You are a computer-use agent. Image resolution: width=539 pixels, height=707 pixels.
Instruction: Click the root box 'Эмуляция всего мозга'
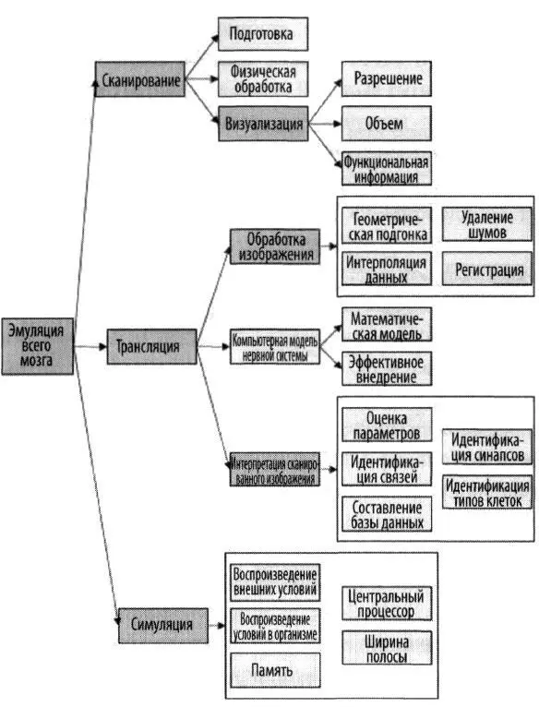[x=38, y=346]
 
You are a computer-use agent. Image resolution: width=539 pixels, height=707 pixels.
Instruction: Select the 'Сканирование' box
[x=139, y=79]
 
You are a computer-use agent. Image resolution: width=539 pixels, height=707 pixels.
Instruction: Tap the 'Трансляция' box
[x=152, y=347]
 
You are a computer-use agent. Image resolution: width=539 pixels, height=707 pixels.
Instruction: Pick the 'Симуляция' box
[x=163, y=626]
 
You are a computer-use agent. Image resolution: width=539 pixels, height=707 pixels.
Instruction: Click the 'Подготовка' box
[x=263, y=34]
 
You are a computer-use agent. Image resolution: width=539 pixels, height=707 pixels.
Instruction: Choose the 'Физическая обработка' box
[x=263, y=78]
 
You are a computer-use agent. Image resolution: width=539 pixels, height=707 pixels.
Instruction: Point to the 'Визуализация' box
[x=263, y=124]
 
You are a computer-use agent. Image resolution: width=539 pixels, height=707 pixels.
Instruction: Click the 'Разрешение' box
[x=387, y=78]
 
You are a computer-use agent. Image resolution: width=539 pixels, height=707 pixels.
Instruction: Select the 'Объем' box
[x=387, y=124]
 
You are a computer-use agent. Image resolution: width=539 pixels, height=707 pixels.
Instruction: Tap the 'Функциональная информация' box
[x=387, y=168]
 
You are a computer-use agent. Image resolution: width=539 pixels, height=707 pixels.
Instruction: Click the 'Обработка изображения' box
[x=275, y=246]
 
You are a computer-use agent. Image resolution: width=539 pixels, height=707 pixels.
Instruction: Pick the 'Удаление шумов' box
[x=487, y=224]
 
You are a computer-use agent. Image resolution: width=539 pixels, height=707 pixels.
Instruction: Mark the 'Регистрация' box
[x=487, y=269]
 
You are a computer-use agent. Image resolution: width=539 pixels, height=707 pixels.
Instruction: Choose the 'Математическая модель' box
[x=387, y=325]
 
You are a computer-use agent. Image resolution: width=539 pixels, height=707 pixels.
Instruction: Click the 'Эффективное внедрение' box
[x=387, y=369]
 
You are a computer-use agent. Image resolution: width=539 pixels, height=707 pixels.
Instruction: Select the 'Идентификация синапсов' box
[x=487, y=448]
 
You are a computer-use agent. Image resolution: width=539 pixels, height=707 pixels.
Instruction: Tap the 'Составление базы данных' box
[x=387, y=514]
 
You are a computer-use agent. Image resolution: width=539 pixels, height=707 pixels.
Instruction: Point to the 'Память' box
[x=275, y=670]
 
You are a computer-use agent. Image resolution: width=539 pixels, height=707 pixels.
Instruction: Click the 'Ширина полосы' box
[x=387, y=648]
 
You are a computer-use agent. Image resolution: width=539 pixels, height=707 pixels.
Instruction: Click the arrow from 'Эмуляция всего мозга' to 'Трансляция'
[x=90, y=347]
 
